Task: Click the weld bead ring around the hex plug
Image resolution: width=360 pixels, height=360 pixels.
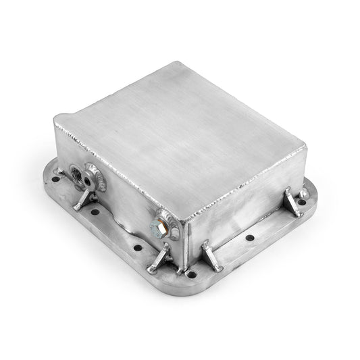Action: (x=165, y=223)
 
